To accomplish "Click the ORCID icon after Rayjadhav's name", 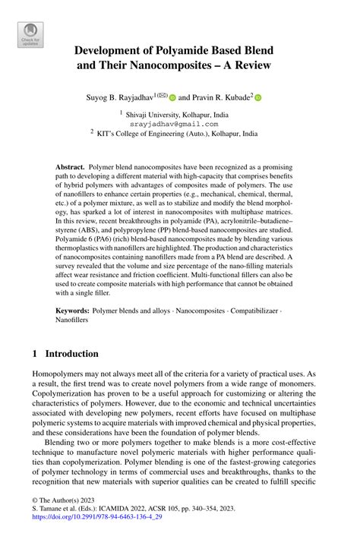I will click(172, 97).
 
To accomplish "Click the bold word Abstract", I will click(70, 166).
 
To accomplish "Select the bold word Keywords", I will click(73, 311).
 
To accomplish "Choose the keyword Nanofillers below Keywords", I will click(72, 321).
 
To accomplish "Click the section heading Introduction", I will click(71, 354).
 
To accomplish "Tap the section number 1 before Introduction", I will click(35, 354).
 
